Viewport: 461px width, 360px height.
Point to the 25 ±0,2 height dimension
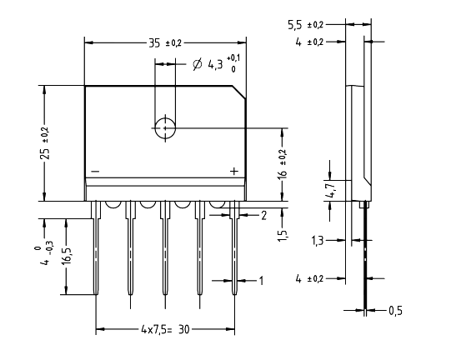coord(45,142)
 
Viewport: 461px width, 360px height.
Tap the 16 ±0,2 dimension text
coord(283,165)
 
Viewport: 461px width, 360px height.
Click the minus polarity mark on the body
coord(95,172)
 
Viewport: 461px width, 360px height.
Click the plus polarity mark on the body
coord(234,171)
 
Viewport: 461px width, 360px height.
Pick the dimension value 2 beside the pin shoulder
coord(263,215)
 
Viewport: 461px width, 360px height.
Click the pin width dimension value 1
coord(261,281)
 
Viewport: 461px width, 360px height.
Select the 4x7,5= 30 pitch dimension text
coord(164,330)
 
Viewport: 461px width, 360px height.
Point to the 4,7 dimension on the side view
coord(331,190)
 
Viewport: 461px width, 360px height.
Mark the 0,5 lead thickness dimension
coord(395,310)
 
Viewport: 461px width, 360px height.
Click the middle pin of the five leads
coord(165,250)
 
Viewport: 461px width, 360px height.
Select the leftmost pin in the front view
coord(96,250)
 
